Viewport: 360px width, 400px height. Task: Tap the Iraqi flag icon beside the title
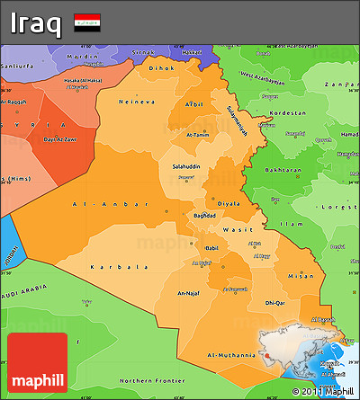(87, 22)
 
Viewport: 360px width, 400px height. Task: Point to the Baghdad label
(204, 216)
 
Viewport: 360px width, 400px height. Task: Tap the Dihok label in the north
(161, 67)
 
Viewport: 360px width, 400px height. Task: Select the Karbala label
(120, 267)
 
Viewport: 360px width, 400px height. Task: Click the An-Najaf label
(189, 293)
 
